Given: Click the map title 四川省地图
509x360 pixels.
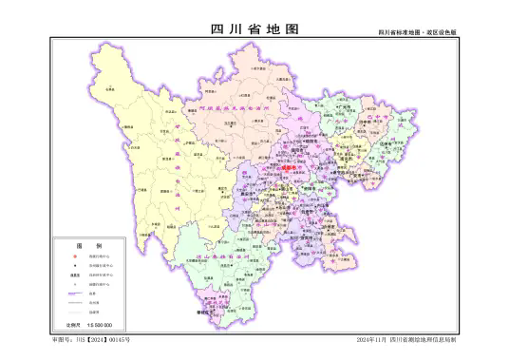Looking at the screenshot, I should click(x=254, y=29).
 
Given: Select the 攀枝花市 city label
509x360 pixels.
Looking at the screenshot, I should click(x=203, y=311).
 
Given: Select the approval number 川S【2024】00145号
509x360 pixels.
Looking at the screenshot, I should click(x=91, y=339).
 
